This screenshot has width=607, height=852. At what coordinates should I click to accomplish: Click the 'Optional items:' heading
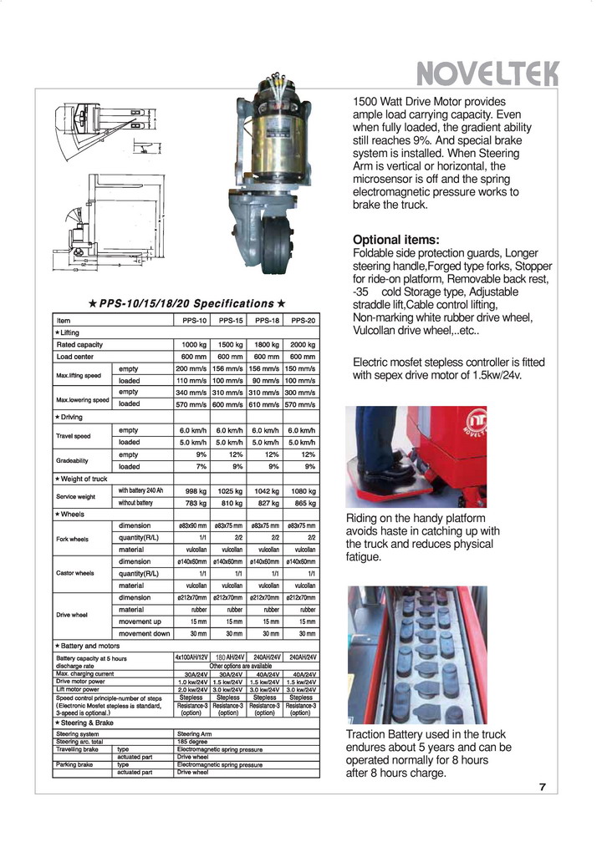pyautogui.click(x=395, y=240)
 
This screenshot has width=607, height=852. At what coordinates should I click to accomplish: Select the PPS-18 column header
pyautogui.click(x=266, y=321)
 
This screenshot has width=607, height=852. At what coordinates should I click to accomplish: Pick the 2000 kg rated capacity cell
pyautogui.click(x=301, y=344)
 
